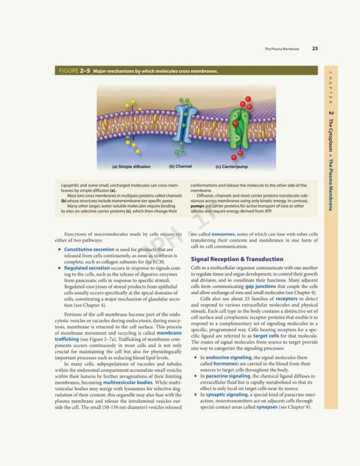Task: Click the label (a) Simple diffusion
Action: tap(131, 166)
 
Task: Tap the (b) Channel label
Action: tap(180, 166)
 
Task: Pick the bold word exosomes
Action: tap(219, 234)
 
